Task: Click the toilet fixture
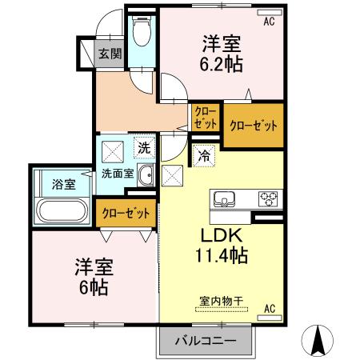142,31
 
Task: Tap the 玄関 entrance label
110,54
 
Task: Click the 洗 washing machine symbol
144,148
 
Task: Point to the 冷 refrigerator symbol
204,156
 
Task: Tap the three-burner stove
268,199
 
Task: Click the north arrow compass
318,341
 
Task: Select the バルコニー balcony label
206,341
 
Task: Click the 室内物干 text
222,302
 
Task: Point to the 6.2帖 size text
222,64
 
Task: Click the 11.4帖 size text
222,255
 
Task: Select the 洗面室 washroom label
118,174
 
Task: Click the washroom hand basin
146,175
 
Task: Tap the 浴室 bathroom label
64,184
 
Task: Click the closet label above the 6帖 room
126,214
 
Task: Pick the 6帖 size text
94,287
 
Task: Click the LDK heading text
222,235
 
